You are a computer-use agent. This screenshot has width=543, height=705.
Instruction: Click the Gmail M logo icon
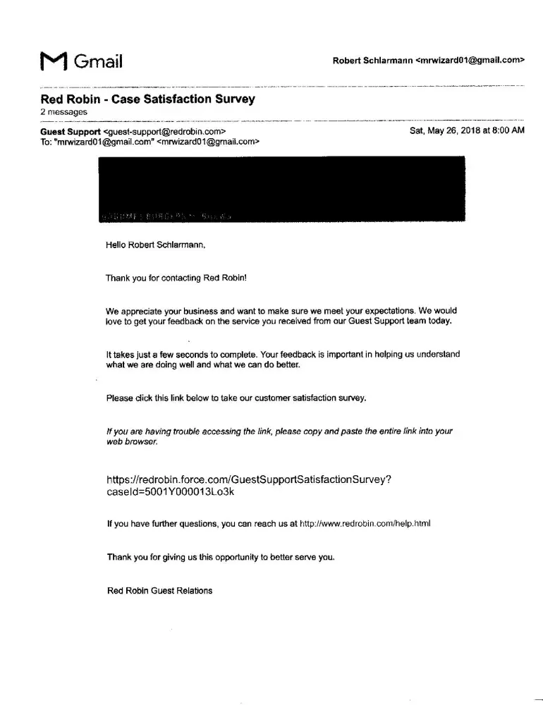pyautogui.click(x=54, y=62)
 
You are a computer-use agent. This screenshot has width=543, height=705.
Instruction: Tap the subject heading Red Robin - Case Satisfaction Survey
pyautogui.click(x=147, y=99)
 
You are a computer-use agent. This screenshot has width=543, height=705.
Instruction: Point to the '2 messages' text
pyautogui.click(x=63, y=112)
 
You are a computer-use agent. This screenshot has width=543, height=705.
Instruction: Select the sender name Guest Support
pyautogui.click(x=71, y=132)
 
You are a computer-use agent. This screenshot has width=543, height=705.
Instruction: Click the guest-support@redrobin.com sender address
pyautogui.click(x=164, y=132)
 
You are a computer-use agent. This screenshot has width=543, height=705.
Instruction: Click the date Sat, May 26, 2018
pyautogui.click(x=444, y=131)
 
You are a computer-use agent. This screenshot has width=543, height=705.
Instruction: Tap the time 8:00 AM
pyautogui.click(x=508, y=131)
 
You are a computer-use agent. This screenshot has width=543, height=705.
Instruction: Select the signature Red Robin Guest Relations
pyautogui.click(x=159, y=591)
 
